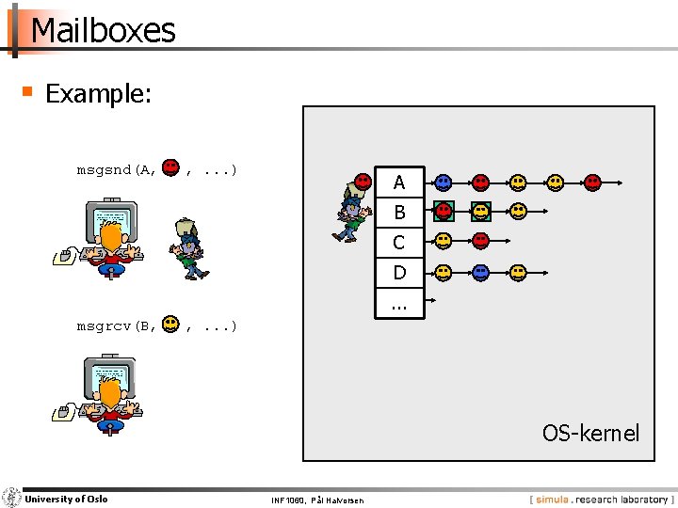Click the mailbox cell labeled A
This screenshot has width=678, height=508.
coord(399,183)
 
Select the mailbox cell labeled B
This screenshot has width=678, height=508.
coord(399,213)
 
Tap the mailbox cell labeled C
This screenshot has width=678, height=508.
coord(399,243)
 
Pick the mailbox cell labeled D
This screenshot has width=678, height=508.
coord(399,273)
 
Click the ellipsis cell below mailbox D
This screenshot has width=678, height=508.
coord(399,303)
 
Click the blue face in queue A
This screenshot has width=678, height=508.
coord(444,183)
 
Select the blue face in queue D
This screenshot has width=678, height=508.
coord(481,273)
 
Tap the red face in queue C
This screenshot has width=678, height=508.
coord(481,242)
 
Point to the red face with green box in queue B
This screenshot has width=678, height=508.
coord(444,212)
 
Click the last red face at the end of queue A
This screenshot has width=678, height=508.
coord(593,183)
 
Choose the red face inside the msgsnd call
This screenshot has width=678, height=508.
coord(170,168)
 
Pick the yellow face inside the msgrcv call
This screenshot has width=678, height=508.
coord(170,325)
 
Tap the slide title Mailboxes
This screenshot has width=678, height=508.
coord(103,30)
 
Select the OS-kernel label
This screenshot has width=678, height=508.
coord(590,433)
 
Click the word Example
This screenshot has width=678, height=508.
coord(98,94)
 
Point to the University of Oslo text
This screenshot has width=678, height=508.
coord(66,499)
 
